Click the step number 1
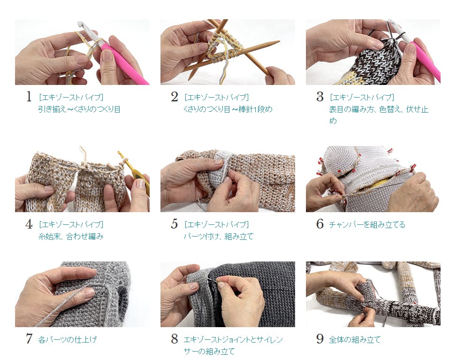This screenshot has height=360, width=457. pos(29,97)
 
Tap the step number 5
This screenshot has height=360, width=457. pos(174,224)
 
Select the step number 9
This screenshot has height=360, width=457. pos(320,339)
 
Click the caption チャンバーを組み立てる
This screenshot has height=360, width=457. pos(367,224)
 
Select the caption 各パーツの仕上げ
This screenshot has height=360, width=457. pos(67,339)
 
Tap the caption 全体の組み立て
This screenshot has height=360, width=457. pos(355,339)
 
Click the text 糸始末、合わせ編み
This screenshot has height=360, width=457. pos(71,236)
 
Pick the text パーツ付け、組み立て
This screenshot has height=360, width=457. pos(219,236)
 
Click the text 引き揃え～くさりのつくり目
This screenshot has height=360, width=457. pos(79,109)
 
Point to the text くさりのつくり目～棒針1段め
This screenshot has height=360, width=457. pos(228,109)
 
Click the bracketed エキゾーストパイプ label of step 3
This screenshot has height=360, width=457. pos(362,97)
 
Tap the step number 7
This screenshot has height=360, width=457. pos(29,339)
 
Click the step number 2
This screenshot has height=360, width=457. pos(174,97)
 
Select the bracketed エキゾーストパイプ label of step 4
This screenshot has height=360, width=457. pos(71,224)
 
